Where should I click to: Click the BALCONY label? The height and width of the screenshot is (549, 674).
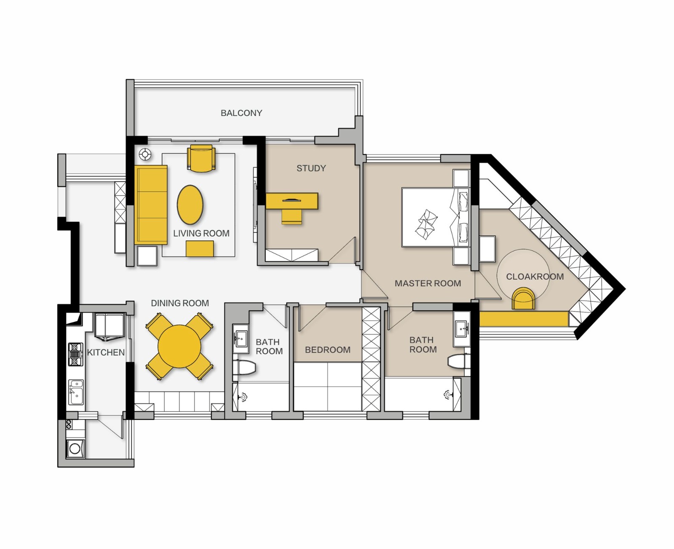[x=241, y=113]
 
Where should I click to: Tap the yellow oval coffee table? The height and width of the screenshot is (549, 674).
[x=190, y=205]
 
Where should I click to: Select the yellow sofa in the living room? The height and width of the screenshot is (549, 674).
[x=151, y=205]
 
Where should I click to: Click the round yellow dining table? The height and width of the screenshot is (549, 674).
[x=179, y=346]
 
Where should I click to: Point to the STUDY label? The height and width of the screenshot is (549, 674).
[x=311, y=168]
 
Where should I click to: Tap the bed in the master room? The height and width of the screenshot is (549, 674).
[x=436, y=217]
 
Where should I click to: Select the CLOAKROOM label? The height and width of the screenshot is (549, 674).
[x=535, y=277]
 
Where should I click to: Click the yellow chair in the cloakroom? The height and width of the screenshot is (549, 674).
[x=524, y=299]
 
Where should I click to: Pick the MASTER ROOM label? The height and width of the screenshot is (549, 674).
[x=428, y=283]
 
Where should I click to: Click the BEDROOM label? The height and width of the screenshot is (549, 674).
[x=327, y=350]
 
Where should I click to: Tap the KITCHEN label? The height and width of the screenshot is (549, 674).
[x=106, y=352]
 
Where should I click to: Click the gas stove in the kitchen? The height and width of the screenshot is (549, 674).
[x=76, y=354]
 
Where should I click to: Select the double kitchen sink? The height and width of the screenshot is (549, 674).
[x=76, y=392]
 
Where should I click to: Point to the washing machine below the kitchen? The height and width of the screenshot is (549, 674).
[x=75, y=449]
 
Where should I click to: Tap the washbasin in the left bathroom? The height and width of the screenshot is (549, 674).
[x=241, y=339]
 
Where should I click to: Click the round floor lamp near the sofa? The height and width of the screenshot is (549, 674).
[x=145, y=154]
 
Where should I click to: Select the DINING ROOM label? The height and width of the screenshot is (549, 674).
[x=180, y=303]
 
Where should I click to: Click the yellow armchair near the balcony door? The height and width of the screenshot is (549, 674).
[x=201, y=159]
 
